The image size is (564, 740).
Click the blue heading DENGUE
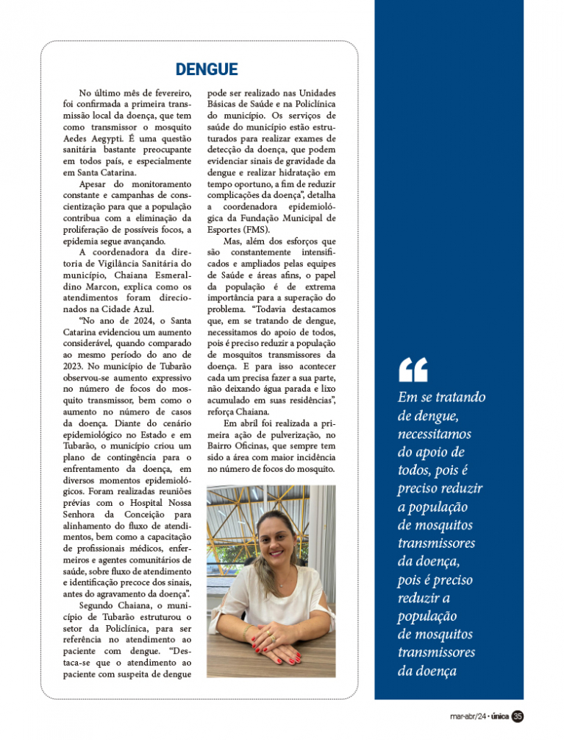(207, 70)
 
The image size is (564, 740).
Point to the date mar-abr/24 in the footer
(467, 716)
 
